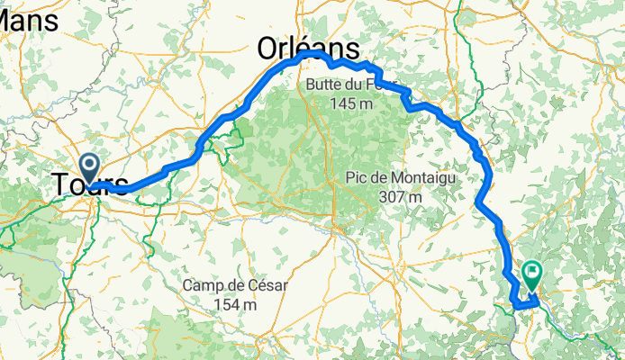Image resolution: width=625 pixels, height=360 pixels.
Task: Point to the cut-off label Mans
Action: point(30,20)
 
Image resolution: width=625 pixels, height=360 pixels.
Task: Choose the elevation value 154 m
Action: point(236,304)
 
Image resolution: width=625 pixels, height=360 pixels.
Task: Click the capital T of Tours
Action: point(62,184)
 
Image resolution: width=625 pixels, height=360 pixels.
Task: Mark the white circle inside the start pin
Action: point(90,163)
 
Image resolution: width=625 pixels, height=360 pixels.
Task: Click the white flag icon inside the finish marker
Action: point(533,269)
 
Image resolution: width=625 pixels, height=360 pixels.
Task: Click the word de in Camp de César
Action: point(232,286)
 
